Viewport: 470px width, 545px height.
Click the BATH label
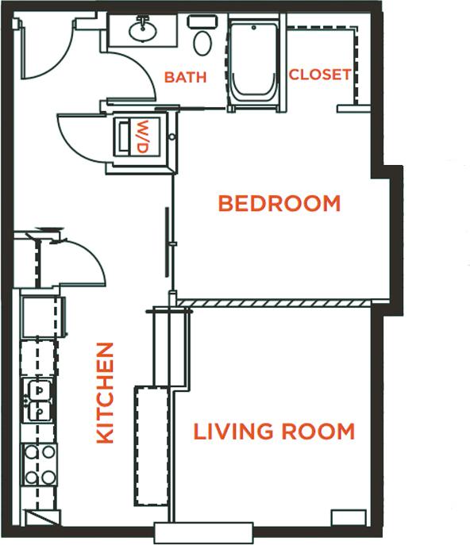[x=185, y=77]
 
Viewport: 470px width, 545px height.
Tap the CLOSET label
[x=319, y=75]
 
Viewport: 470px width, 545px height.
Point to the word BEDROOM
[x=279, y=204]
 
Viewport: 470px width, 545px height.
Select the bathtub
[x=253, y=63]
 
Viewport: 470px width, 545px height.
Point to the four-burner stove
[x=38, y=464]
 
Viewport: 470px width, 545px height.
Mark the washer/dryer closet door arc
[x=79, y=139]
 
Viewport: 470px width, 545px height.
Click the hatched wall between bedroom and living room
[x=274, y=303]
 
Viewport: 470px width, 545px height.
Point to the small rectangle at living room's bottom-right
[x=348, y=518]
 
